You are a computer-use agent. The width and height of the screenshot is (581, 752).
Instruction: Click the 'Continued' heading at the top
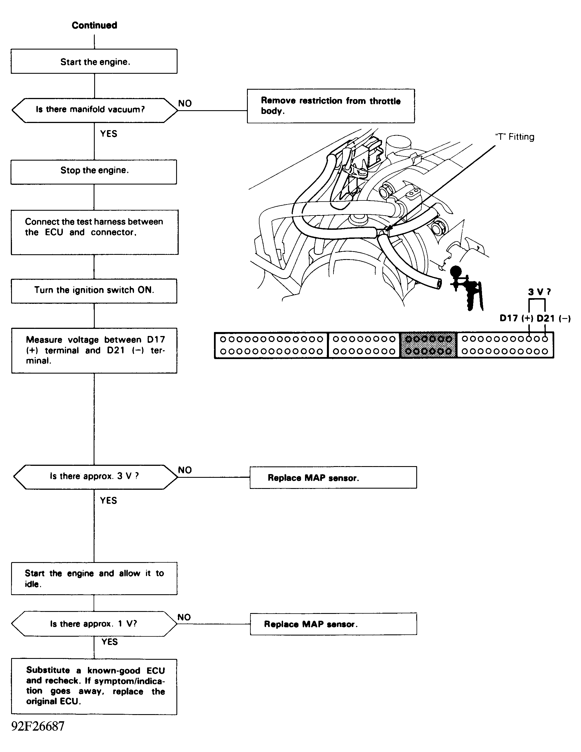pyautogui.click(x=94, y=25)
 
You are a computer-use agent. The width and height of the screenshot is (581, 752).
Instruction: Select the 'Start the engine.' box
pyautogui.click(x=94, y=61)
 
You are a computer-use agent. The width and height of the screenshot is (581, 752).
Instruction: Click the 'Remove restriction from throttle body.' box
pyautogui.click(x=331, y=106)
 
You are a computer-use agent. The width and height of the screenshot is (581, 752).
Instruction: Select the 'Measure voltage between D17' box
pyautogui.click(x=94, y=350)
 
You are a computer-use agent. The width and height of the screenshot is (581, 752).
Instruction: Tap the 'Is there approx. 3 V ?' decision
pyautogui.click(x=94, y=477)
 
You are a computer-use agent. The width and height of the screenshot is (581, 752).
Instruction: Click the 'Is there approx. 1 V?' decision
pyautogui.click(x=94, y=624)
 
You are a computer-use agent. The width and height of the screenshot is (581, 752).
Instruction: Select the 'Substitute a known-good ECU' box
pyautogui.click(x=94, y=686)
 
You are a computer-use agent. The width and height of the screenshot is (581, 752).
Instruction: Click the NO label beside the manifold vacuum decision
pyautogui.click(x=185, y=103)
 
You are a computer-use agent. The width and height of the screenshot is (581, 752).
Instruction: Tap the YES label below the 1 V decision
pyautogui.click(x=109, y=642)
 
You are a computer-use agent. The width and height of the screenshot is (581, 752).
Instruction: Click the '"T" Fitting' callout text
pyautogui.click(x=515, y=137)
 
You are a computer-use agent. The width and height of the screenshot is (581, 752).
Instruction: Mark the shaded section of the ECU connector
pyautogui.click(x=428, y=345)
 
